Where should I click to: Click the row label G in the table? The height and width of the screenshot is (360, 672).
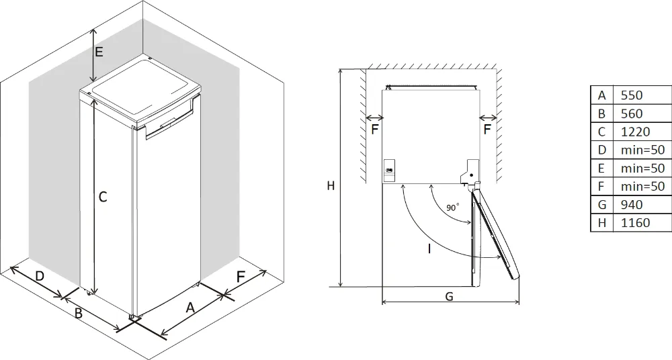(x=601, y=204)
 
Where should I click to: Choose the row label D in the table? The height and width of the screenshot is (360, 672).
(x=601, y=150)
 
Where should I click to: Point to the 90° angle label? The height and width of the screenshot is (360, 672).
(x=453, y=208)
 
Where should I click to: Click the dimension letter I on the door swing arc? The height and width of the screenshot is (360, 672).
(x=429, y=249)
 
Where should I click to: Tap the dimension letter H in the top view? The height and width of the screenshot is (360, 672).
(x=331, y=186)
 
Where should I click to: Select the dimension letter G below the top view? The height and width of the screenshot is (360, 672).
(x=449, y=296)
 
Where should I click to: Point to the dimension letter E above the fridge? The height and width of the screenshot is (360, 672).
(x=99, y=52)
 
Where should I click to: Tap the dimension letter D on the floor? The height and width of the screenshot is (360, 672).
(x=40, y=276)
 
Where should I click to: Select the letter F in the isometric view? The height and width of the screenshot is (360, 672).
(x=241, y=277)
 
